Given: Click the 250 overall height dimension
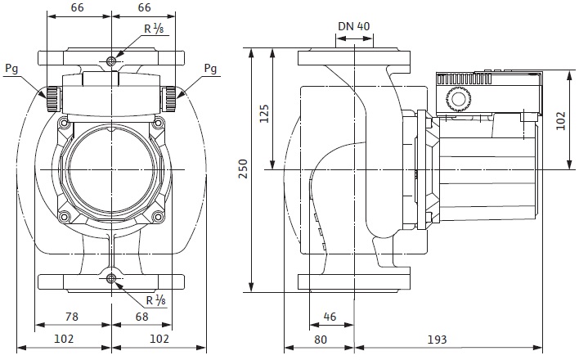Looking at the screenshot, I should (242, 169).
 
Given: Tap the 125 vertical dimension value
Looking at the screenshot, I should (264, 113).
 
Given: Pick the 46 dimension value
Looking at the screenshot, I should (330, 316).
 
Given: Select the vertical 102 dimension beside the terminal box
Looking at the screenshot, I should (560, 120).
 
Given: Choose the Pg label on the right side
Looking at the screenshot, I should (210, 68).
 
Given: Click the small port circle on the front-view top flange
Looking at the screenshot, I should (112, 61).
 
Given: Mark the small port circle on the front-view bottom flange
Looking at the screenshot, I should (112, 279).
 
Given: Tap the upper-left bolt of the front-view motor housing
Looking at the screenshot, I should (63, 123).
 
